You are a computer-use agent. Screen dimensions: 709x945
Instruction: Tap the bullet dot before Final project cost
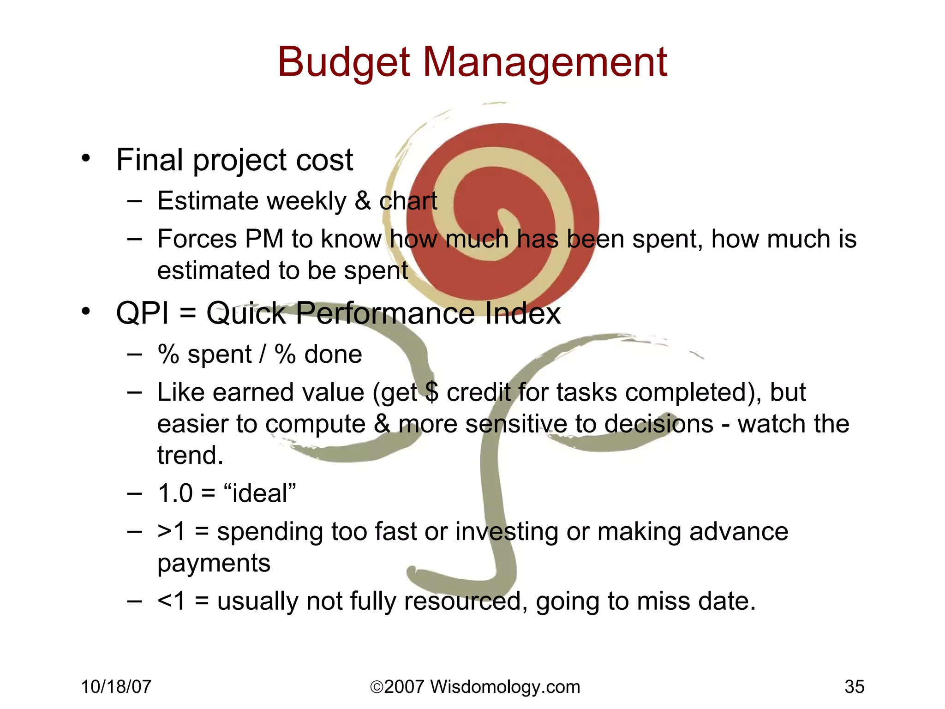86,158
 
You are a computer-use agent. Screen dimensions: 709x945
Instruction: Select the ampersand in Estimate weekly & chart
363,201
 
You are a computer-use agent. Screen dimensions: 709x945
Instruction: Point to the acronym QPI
142,313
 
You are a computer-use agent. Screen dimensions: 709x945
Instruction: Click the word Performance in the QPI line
385,313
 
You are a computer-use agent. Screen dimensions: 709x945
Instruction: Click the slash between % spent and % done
263,354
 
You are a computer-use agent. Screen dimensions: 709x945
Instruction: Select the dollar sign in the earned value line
432,392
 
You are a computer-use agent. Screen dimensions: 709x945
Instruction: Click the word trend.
190,455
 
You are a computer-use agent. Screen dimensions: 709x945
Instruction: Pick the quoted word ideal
259,493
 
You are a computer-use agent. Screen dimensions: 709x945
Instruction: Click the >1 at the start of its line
171,531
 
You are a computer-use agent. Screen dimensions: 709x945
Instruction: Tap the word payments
214,563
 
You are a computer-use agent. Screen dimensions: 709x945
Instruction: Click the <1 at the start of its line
171,601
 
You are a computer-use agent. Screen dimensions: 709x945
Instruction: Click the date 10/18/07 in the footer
116,687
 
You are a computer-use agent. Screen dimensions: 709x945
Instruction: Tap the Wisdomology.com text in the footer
505,687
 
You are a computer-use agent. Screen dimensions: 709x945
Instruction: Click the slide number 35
854,687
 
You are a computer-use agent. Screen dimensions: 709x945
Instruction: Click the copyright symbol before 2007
377,687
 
